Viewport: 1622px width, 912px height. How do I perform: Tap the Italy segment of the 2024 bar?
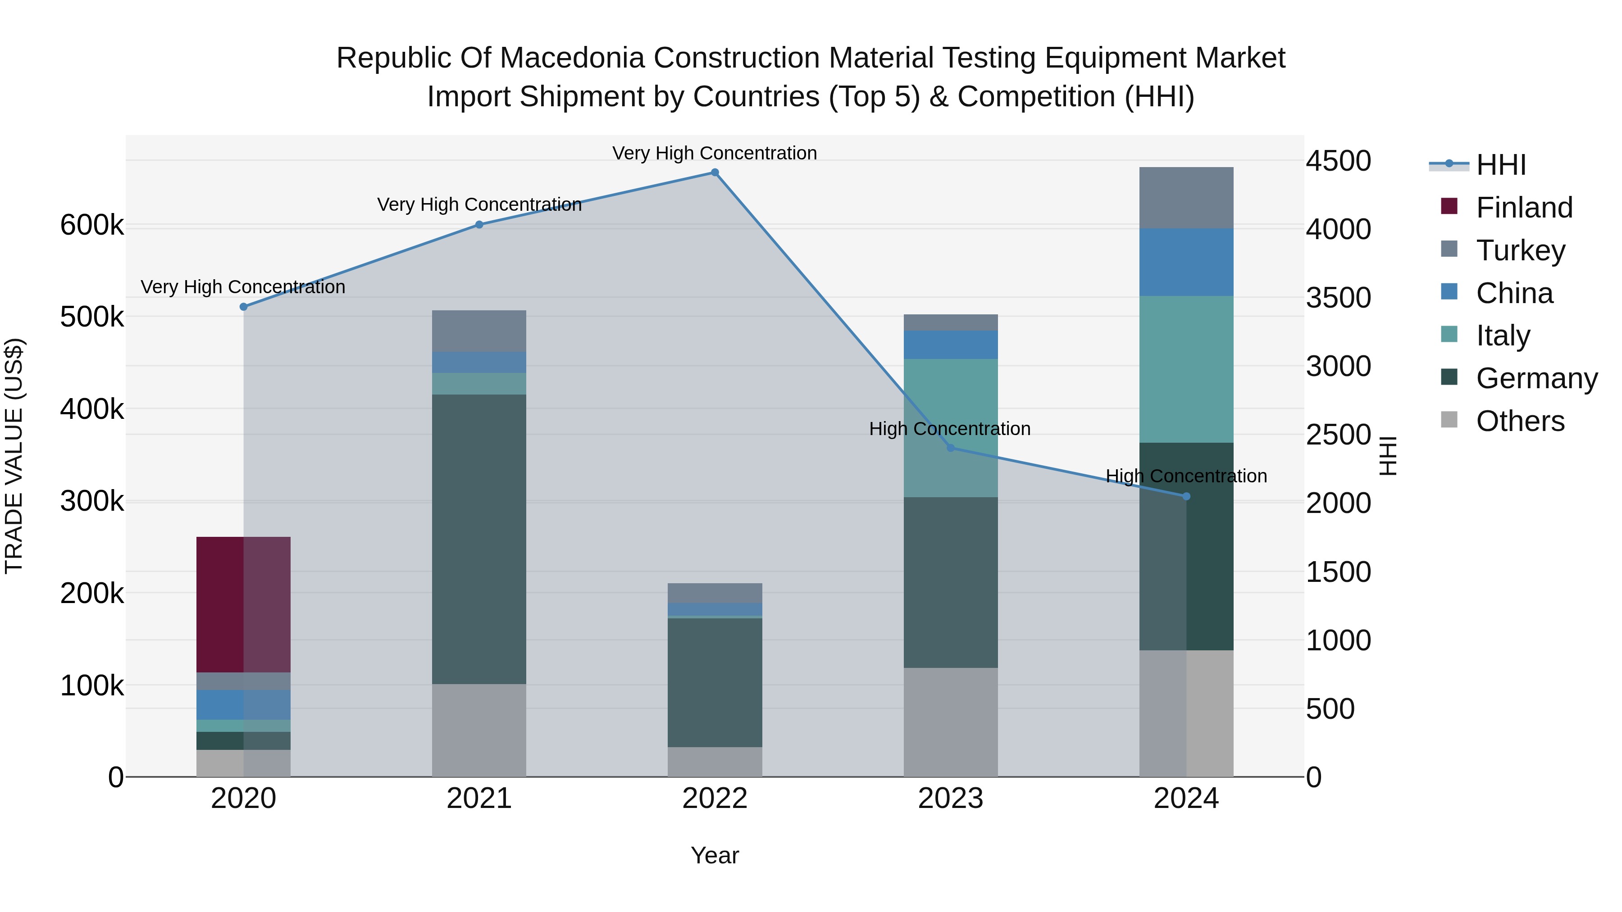click(x=1186, y=369)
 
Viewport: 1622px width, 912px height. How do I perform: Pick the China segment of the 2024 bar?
click(x=1186, y=262)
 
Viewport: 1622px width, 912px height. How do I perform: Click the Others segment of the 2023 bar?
click(x=951, y=722)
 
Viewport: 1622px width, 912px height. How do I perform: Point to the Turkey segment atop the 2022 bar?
click(x=715, y=593)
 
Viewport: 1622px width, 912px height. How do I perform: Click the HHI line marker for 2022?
click(x=715, y=172)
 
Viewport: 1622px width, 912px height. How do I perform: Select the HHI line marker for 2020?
click(x=244, y=307)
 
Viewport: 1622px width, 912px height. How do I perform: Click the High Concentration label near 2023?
click(x=949, y=429)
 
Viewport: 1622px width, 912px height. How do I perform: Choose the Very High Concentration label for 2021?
click(x=479, y=204)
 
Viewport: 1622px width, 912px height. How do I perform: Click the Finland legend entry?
click(x=1524, y=208)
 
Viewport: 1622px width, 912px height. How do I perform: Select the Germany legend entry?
click(x=1536, y=378)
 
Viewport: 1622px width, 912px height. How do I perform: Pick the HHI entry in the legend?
click(x=1500, y=165)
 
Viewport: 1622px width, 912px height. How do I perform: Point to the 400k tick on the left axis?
click(x=92, y=409)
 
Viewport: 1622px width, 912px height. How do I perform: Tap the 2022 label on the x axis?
click(x=715, y=799)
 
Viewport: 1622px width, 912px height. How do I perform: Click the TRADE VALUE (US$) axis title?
click(x=14, y=456)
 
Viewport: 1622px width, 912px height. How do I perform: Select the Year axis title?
click(x=715, y=855)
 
